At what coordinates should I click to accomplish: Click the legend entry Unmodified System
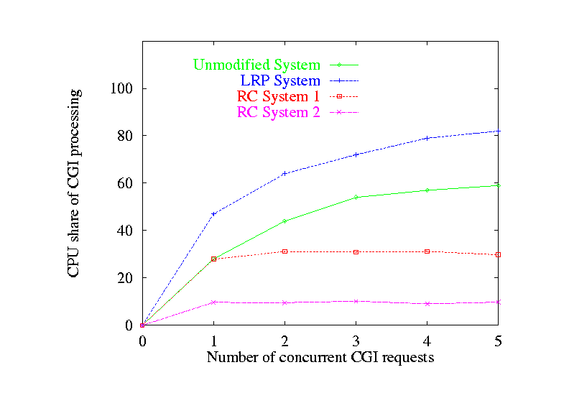(256, 65)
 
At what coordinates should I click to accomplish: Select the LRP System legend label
(280, 80)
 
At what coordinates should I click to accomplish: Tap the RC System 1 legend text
(278, 96)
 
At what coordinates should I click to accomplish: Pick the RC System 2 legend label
(278, 112)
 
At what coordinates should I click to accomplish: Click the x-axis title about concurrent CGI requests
(320, 357)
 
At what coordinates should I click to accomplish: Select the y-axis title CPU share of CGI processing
(75, 183)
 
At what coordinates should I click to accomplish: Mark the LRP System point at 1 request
(213, 214)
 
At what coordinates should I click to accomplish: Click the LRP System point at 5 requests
(499, 131)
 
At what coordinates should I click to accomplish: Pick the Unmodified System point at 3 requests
(356, 197)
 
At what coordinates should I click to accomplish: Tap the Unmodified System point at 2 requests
(284, 221)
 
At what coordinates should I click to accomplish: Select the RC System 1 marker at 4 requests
(427, 251)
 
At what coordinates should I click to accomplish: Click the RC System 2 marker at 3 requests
(356, 301)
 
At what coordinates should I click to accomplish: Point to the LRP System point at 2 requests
(284, 173)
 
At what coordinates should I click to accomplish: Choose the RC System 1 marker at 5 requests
(499, 254)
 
